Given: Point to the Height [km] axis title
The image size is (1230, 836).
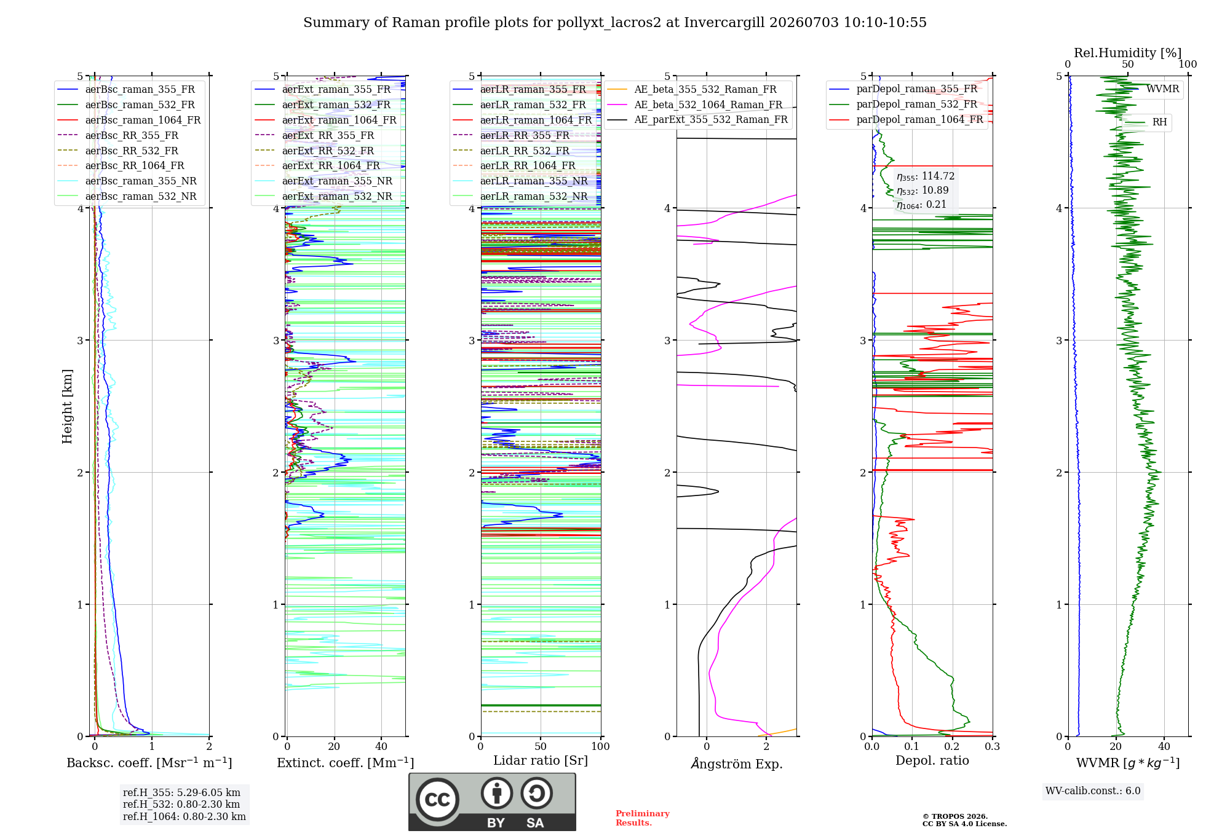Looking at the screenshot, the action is (x=67, y=406).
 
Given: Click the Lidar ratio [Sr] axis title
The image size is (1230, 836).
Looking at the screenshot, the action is (x=541, y=760).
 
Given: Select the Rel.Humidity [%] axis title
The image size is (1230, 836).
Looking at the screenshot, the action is (x=1128, y=53).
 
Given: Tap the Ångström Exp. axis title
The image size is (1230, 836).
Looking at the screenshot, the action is (x=737, y=763).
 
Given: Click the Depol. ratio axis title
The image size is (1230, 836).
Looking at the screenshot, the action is (x=932, y=760).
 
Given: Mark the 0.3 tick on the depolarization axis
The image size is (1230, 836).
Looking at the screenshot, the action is (x=992, y=746).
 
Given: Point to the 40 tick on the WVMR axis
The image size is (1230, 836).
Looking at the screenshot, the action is (x=1164, y=746).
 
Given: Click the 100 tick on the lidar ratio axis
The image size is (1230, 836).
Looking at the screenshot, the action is (x=601, y=746).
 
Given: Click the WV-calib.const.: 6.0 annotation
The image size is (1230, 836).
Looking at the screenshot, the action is (x=1093, y=791).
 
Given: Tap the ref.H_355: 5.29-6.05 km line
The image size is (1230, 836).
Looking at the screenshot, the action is (x=181, y=793).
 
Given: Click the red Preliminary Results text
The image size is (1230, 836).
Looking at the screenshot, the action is (x=643, y=818).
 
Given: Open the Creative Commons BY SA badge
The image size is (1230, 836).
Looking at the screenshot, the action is (x=492, y=802).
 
